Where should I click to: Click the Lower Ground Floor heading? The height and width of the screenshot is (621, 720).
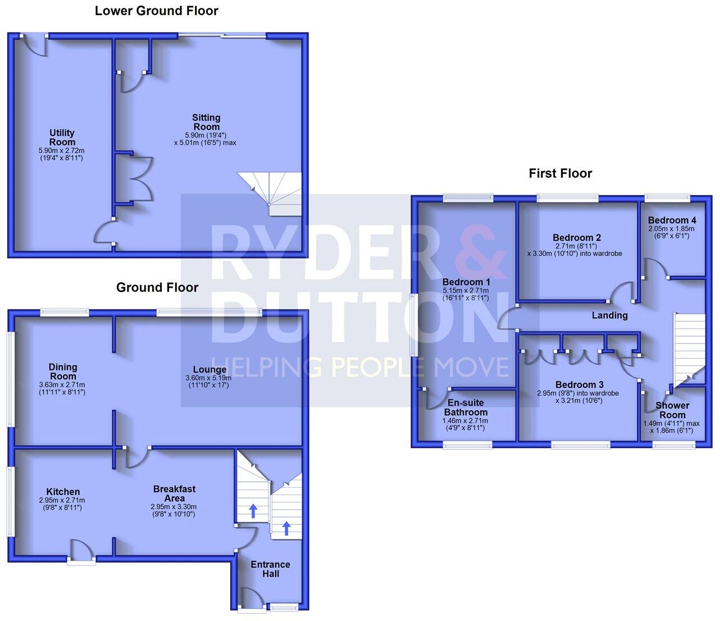[156, 11]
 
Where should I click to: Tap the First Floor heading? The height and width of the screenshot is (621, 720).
[560, 174]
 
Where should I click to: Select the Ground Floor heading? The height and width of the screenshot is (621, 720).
[157, 288]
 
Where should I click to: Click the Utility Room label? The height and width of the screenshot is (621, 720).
[62, 137]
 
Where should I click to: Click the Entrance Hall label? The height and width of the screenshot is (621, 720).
[270, 569]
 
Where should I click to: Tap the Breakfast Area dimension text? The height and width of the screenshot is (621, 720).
[174, 510]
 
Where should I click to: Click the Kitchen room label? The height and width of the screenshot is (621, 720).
[63, 492]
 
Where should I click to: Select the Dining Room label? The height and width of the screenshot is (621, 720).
[63, 371]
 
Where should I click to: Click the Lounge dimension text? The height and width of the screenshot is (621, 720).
[208, 382]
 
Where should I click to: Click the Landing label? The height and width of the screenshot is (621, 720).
[609, 315]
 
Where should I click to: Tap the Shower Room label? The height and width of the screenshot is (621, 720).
[672, 410]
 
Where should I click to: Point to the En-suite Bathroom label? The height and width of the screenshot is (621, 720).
[465, 407]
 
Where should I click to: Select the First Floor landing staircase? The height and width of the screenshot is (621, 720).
[689, 349]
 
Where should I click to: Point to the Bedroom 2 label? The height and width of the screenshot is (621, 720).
[577, 238]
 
